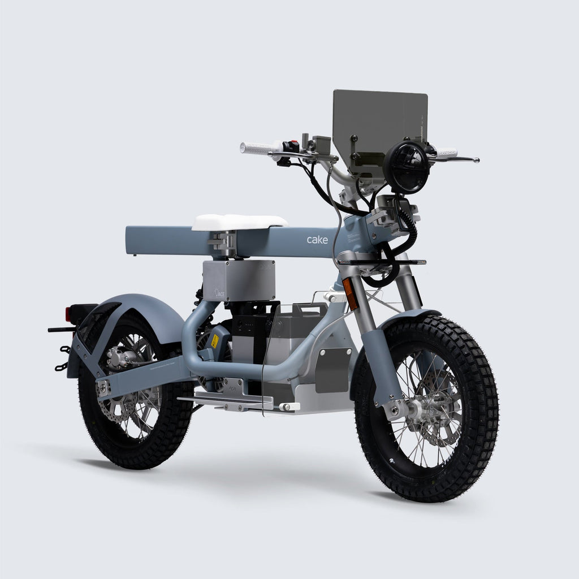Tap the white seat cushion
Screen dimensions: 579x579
point(239,222)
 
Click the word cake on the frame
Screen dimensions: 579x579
point(317,240)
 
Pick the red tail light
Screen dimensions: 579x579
point(68,314)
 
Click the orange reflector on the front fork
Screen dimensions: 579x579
point(351,293)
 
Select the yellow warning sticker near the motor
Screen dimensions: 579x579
point(215,341)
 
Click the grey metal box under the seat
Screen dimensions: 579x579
point(239,280)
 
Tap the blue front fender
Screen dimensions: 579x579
point(413,317)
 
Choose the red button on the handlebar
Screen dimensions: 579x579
point(295,145)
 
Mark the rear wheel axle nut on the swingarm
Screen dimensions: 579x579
point(103,388)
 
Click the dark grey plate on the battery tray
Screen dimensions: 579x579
point(332,370)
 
